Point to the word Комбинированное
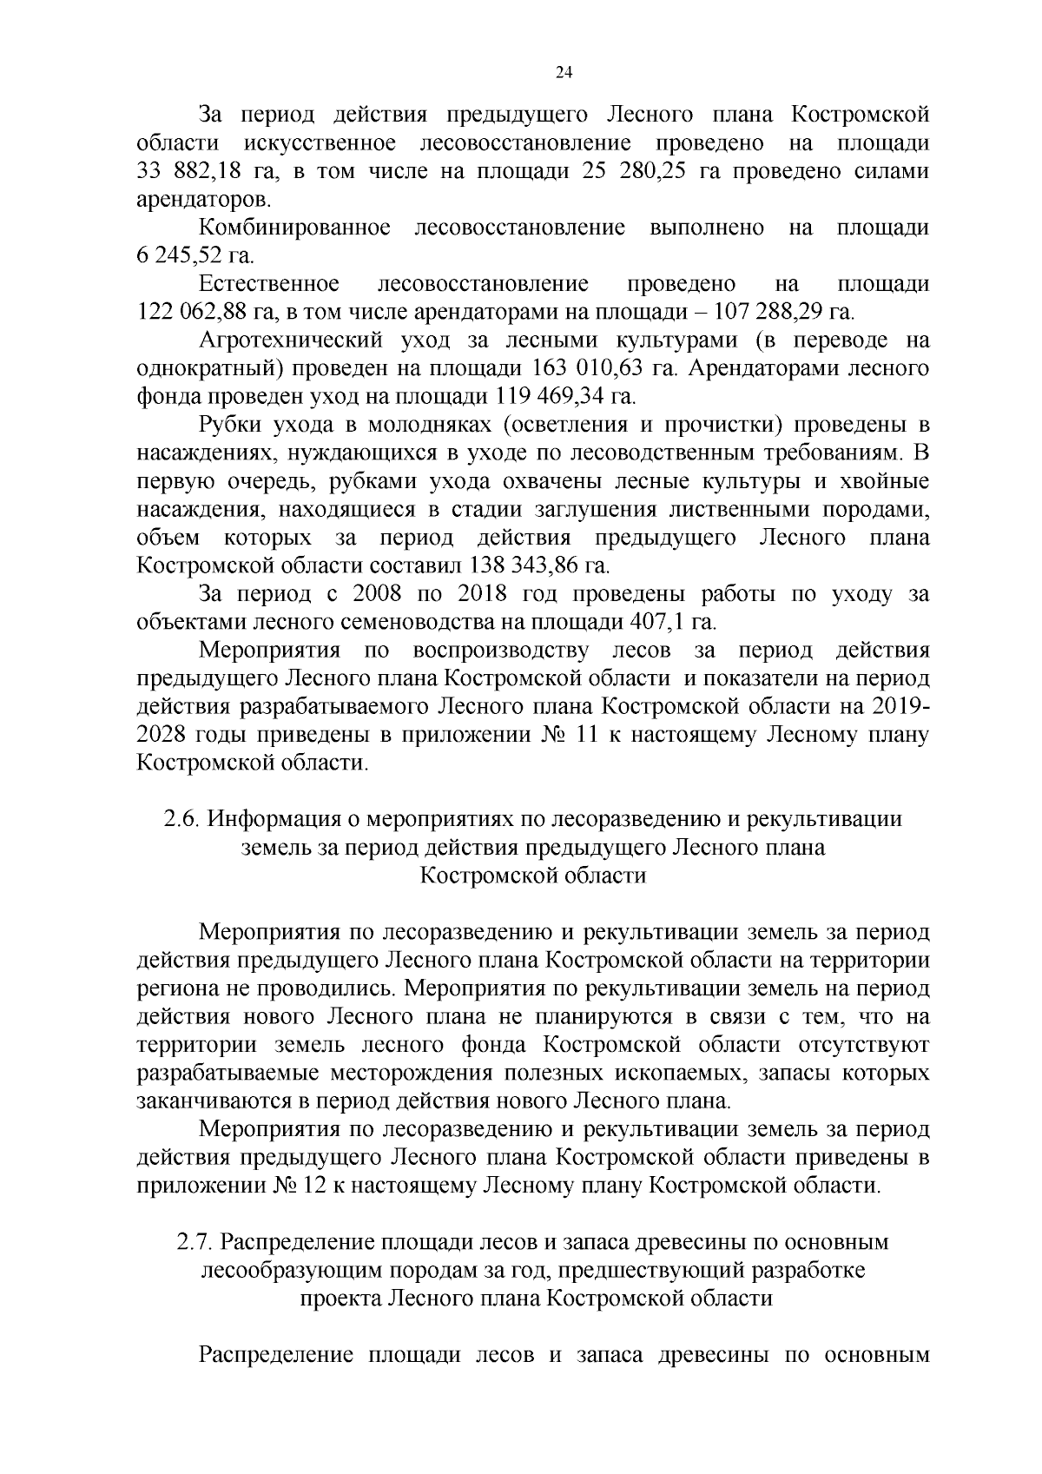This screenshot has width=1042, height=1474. (x=294, y=228)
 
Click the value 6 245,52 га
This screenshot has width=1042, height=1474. (x=195, y=256)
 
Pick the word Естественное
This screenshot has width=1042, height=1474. (x=268, y=284)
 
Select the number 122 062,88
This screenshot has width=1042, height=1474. (x=197, y=312)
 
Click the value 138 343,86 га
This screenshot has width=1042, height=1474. (x=539, y=565)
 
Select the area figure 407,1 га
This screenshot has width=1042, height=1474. (x=670, y=622)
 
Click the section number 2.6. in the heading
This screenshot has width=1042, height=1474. (x=183, y=819)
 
